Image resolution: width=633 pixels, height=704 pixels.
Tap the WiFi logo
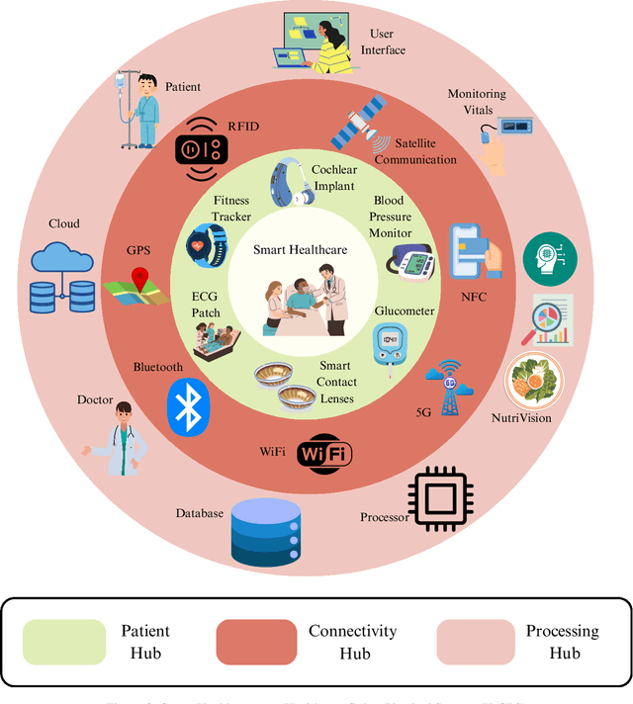click(x=325, y=454)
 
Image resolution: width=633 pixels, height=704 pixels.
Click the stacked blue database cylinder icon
click(x=264, y=530)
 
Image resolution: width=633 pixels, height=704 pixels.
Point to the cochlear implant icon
click(x=290, y=182)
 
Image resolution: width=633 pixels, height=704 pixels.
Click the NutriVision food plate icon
click(x=533, y=380)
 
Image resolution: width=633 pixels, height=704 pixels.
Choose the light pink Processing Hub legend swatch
click(x=476, y=642)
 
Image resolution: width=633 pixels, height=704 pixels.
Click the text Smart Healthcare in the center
click(x=299, y=250)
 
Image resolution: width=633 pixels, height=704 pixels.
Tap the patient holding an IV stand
click(x=144, y=106)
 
